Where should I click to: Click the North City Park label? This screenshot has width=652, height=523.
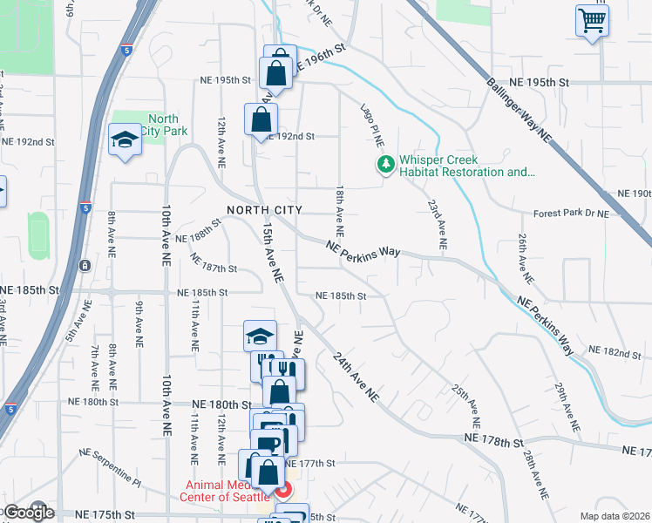point(163,125)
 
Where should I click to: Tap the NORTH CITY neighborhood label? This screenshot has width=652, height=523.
point(264,210)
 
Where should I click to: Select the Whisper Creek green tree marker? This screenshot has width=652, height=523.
point(384,164)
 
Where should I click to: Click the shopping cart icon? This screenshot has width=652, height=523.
point(592,20)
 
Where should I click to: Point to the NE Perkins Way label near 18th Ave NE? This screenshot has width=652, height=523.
point(363,250)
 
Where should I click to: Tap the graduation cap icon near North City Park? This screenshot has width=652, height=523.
point(125,139)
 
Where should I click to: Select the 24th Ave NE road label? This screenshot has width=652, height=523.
point(357,377)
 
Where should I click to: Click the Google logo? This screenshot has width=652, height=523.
point(28,513)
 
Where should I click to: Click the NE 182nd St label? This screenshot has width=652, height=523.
point(615,350)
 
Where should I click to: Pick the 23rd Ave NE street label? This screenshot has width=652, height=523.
point(437,225)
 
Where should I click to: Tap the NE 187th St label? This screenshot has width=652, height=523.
point(213,268)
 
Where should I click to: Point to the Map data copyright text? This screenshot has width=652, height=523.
point(615,516)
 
